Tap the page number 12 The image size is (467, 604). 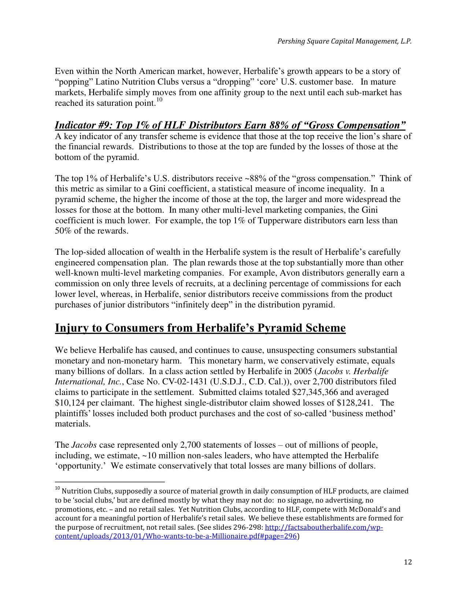pyautogui.click(x=408, y=562)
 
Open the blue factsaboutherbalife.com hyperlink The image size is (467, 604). pyautogui.click(x=323, y=527)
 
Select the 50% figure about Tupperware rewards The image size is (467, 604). pyautogui.click(x=63, y=231)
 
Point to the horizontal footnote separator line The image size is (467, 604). pyautogui.click(x=110, y=482)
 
